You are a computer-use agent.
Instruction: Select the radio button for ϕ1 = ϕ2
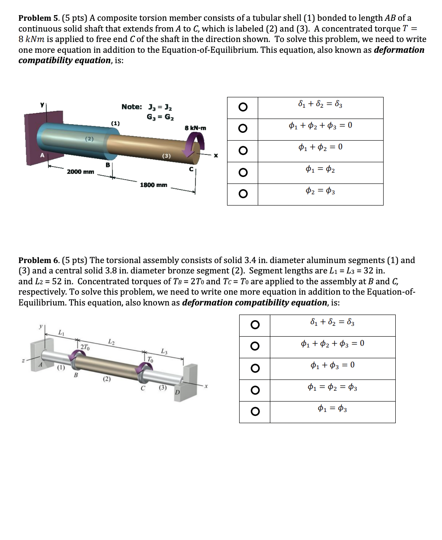point(243,173)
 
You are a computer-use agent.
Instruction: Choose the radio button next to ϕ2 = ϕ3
point(243,194)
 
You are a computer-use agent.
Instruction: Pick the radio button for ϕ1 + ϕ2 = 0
point(243,151)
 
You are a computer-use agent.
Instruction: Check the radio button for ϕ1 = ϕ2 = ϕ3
point(255,390)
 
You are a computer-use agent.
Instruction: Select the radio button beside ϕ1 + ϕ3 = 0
point(255,368)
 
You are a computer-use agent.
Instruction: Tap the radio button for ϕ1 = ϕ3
point(255,411)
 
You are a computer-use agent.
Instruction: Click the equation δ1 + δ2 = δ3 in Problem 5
point(320,104)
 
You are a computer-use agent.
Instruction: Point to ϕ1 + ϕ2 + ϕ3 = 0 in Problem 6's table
point(332,344)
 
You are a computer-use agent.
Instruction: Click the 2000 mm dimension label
point(80,172)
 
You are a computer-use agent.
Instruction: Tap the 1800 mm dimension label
point(154,185)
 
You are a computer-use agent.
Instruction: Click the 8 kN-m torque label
point(195,128)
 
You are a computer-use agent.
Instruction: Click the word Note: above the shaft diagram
point(131,107)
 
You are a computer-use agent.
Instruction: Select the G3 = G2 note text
point(160,117)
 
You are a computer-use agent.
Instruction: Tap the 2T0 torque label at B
point(85,347)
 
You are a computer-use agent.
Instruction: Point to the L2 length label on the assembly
point(111,342)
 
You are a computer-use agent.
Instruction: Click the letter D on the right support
point(177,392)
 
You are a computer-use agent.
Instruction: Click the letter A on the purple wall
point(42,155)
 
